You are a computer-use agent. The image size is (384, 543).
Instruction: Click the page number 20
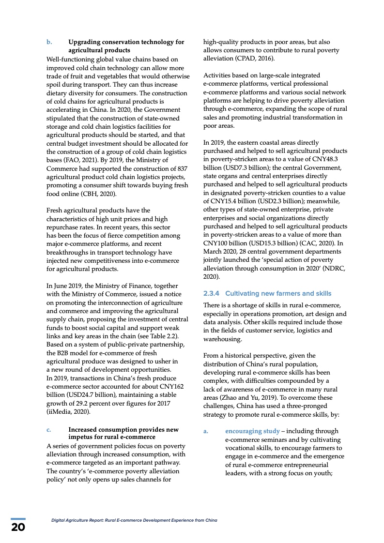coord(18,528)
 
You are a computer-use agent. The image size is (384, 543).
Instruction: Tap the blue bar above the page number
coord(18,519)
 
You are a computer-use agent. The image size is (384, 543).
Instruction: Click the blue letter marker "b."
coord(49,42)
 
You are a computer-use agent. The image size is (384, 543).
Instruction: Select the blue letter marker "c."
coord(49,429)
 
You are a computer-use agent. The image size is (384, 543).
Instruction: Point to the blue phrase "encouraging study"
coord(252,431)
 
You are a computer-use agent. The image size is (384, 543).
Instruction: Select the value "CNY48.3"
coord(334,159)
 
